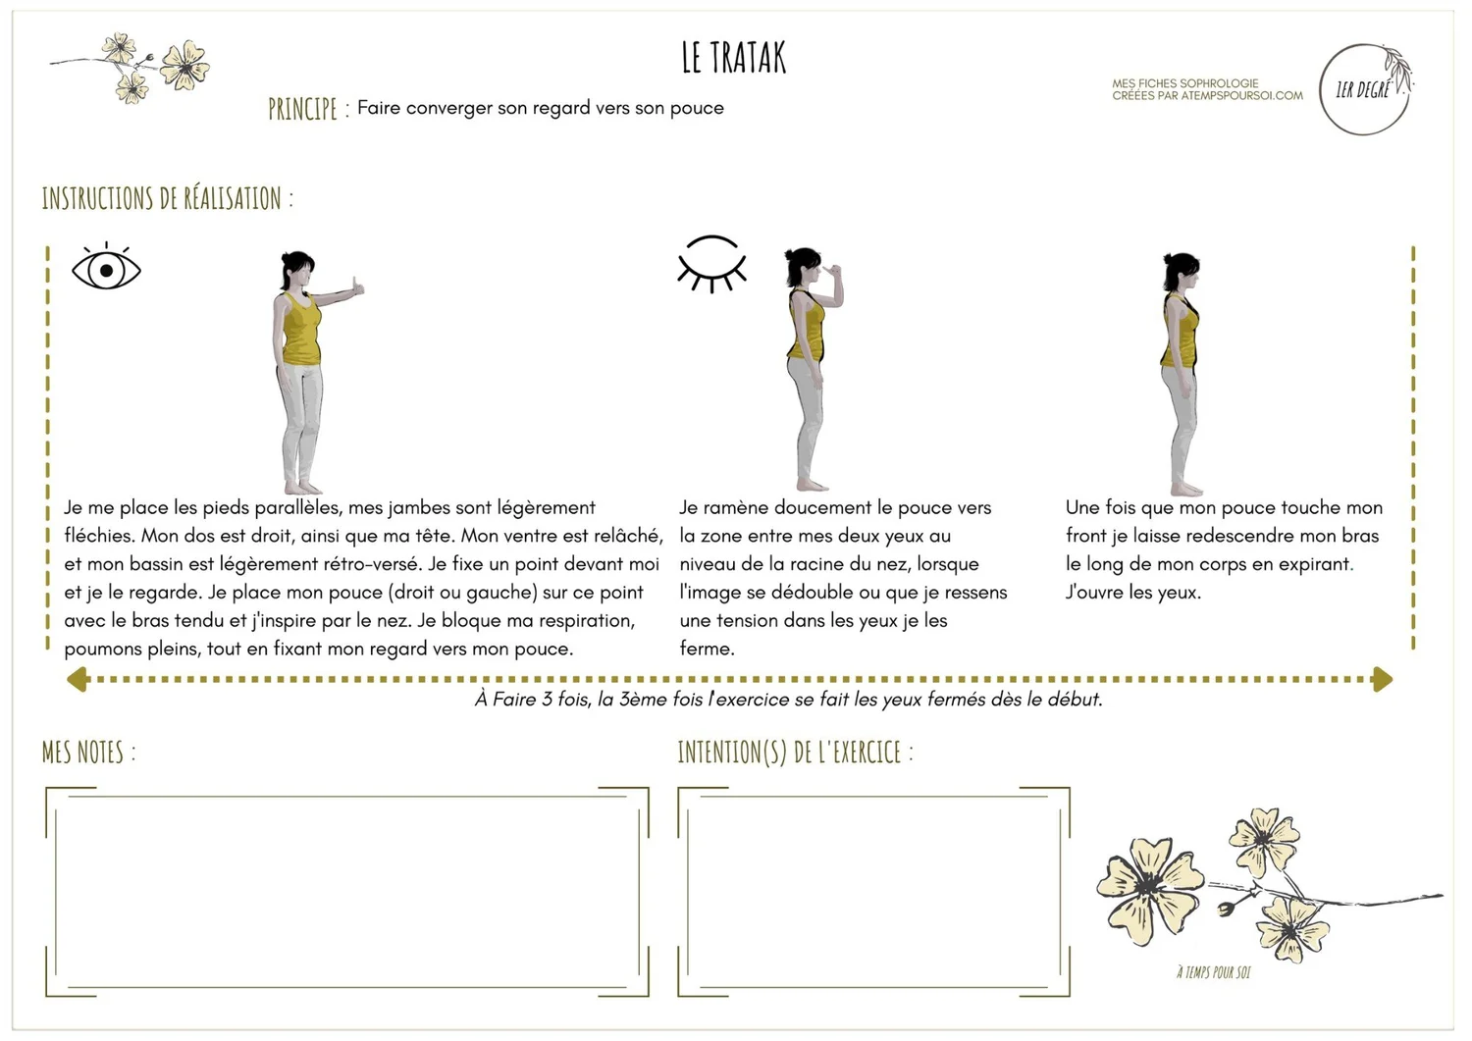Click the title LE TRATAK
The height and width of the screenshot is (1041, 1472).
tap(734, 59)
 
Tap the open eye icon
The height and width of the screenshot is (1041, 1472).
tap(106, 268)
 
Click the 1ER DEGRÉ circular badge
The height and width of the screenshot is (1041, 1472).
tap(1365, 90)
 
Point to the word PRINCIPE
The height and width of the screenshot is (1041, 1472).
tap(302, 109)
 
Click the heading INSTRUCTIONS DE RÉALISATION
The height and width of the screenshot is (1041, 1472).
tap(167, 199)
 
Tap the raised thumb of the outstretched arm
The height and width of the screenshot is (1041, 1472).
tap(358, 286)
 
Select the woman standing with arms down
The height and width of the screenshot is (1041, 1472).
tap(1180, 373)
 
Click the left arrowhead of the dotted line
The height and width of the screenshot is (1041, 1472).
tap(78, 679)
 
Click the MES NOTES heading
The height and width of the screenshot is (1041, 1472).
tap(88, 753)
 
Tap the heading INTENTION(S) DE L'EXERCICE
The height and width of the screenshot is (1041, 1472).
tap(795, 753)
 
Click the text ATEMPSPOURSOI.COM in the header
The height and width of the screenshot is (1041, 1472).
tap(1242, 96)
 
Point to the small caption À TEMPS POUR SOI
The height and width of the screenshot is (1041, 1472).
tap(1213, 972)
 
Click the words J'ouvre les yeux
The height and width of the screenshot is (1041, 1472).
tap(1132, 593)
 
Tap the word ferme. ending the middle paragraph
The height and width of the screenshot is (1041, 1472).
tap(707, 649)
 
